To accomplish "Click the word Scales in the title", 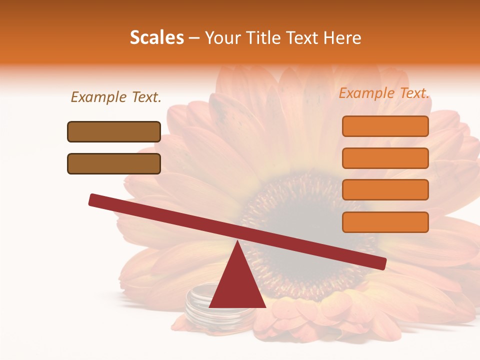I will pyautogui.click(x=156, y=38).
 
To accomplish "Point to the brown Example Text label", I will pyautogui.click(x=116, y=97).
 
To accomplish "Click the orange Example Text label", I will pyautogui.click(x=384, y=93).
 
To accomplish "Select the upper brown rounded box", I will pyautogui.click(x=114, y=131).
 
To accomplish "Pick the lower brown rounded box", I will pyautogui.click(x=114, y=163).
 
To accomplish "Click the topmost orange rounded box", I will pyautogui.click(x=385, y=126).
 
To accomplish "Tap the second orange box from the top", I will pyautogui.click(x=385, y=158).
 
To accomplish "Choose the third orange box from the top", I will pyautogui.click(x=385, y=190).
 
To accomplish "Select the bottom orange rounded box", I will pyautogui.click(x=385, y=222).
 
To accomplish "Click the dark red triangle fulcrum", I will pyautogui.click(x=237, y=285).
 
